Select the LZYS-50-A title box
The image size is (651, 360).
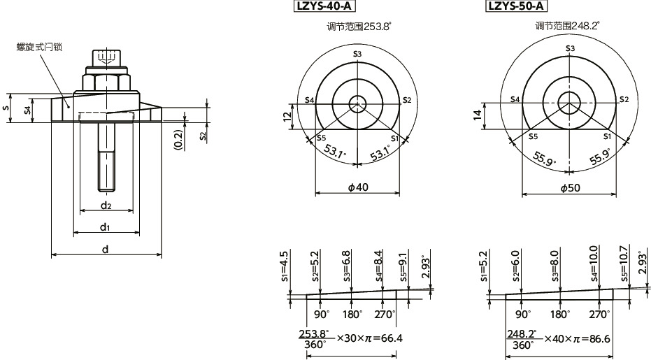click(516, 7)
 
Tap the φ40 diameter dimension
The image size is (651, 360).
click(357, 188)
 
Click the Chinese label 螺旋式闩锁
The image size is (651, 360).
click(40, 47)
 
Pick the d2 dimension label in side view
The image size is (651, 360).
click(106, 205)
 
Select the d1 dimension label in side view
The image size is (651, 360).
click(106, 227)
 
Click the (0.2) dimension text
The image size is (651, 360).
click(178, 140)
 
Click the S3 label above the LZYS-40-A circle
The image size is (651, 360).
click(357, 54)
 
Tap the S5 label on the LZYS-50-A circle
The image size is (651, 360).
click(533, 136)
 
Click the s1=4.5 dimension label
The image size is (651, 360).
click(285, 266)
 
